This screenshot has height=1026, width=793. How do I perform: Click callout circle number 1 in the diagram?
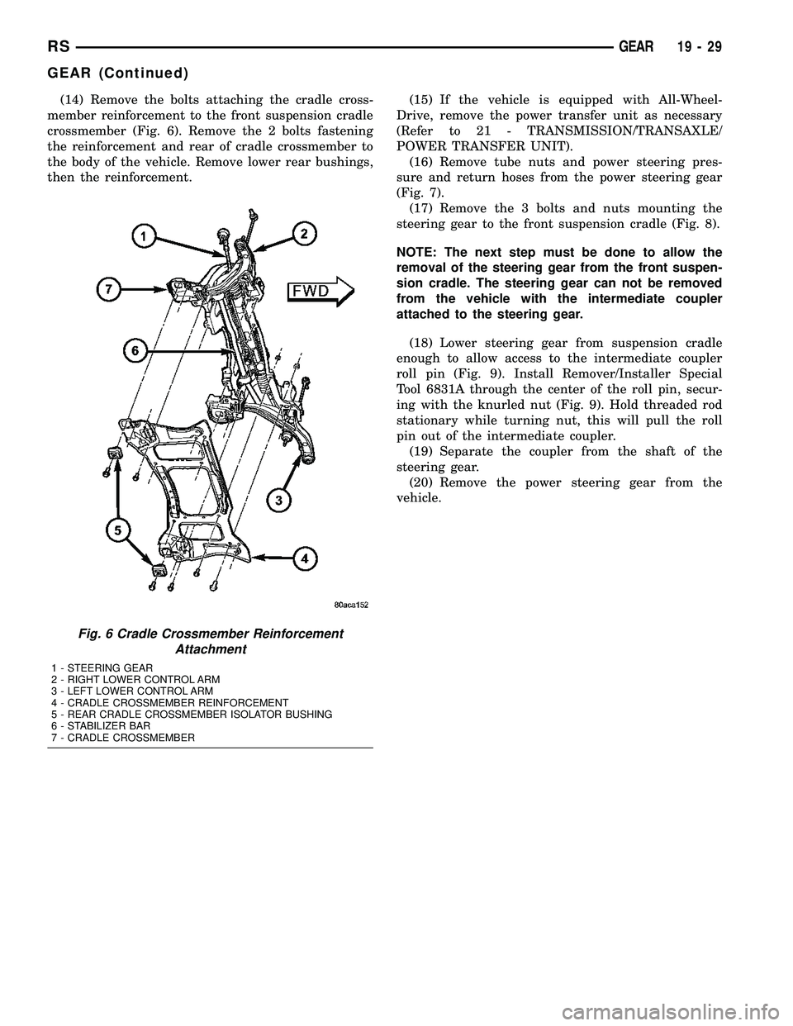[x=144, y=237]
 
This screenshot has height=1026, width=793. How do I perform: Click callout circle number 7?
[x=106, y=288]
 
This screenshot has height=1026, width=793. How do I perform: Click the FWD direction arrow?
[x=319, y=291]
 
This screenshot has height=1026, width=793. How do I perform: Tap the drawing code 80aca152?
[x=351, y=605]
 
